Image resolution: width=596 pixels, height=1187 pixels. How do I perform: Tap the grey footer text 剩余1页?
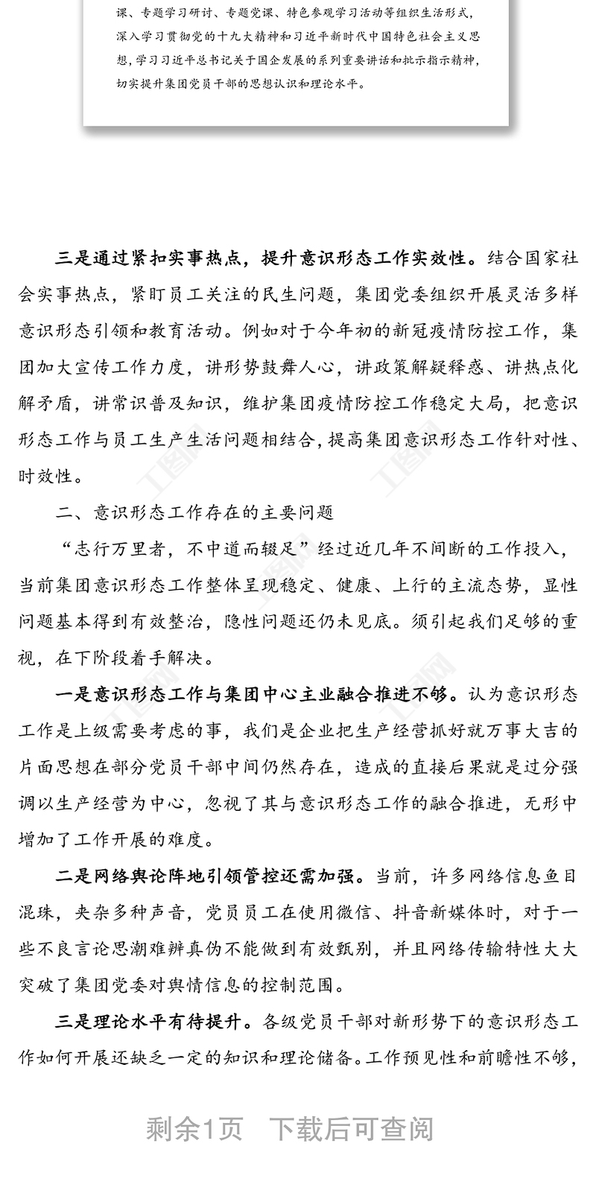[x=195, y=1130]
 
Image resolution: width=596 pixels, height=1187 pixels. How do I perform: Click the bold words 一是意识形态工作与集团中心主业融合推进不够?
[x=254, y=696]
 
